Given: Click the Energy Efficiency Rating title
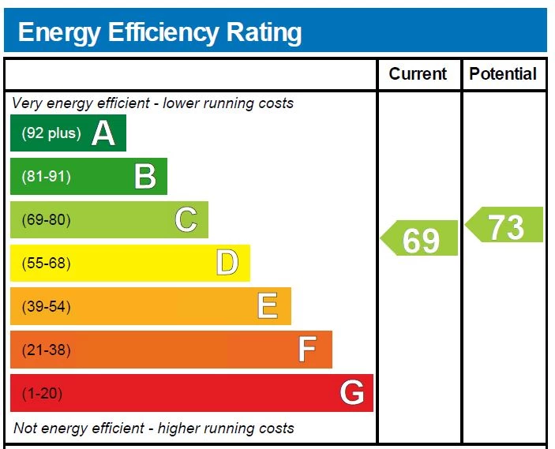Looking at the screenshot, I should tap(159, 32).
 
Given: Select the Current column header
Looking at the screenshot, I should tap(418, 74).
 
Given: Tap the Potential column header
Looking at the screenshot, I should tap(503, 74).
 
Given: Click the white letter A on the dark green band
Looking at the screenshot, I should tap(103, 133).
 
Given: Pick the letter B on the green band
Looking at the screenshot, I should tap(145, 177).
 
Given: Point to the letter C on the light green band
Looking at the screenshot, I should tap(186, 219).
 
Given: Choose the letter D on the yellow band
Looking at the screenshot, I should tap(227, 263).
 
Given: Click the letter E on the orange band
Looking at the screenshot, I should tap(268, 306).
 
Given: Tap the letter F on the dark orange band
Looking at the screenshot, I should tap(308, 350).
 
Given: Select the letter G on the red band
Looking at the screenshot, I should tap(352, 393).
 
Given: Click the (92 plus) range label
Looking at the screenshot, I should tap(51, 133).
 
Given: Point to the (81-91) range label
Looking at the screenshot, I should tap(46, 177).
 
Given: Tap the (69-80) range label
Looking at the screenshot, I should tap(46, 220).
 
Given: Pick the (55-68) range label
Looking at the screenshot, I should tap(46, 264).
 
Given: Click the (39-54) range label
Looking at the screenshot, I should tap(46, 307).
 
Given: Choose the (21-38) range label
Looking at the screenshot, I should tap(46, 350).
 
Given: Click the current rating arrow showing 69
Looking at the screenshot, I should tap(421, 239).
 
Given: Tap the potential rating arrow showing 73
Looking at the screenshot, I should tap(505, 226).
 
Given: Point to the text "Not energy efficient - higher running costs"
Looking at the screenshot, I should tap(154, 428).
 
